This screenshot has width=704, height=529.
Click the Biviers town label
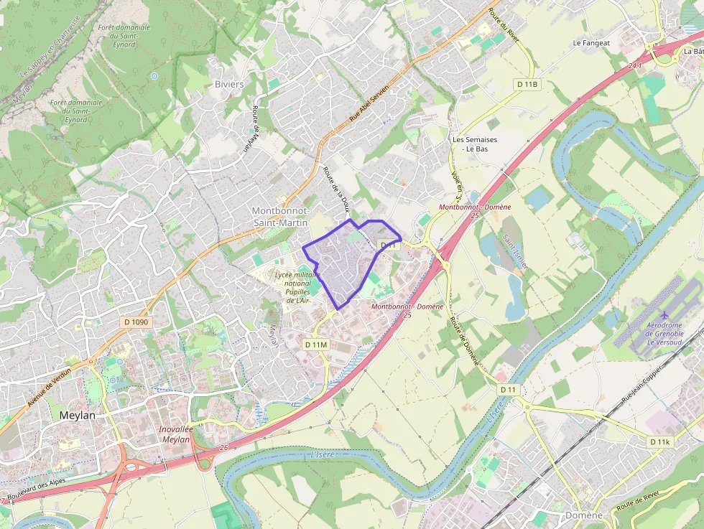pos(229,84)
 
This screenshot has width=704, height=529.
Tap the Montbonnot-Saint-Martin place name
pos(280,217)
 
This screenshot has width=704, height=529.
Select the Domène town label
pos(583,515)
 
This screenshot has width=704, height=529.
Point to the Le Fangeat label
pos(591,43)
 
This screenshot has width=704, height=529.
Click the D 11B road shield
pos(527,85)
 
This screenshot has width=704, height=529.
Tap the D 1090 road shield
pos(136,322)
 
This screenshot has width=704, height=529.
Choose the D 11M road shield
pos(316,345)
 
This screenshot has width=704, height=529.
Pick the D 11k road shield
pos(659,442)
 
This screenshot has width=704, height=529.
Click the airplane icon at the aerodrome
pos(664,315)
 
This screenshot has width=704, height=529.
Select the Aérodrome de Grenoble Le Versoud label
pos(664,332)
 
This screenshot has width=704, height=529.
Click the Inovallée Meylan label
pos(175,434)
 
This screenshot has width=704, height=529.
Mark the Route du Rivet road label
pos(504,26)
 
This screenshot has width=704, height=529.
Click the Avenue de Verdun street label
pos(50,388)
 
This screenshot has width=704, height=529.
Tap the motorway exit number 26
pos(225,448)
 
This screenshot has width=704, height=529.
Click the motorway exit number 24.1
pos(634,66)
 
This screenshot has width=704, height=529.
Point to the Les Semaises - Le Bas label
pos(475,144)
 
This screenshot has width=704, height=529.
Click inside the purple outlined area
pos(341,262)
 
